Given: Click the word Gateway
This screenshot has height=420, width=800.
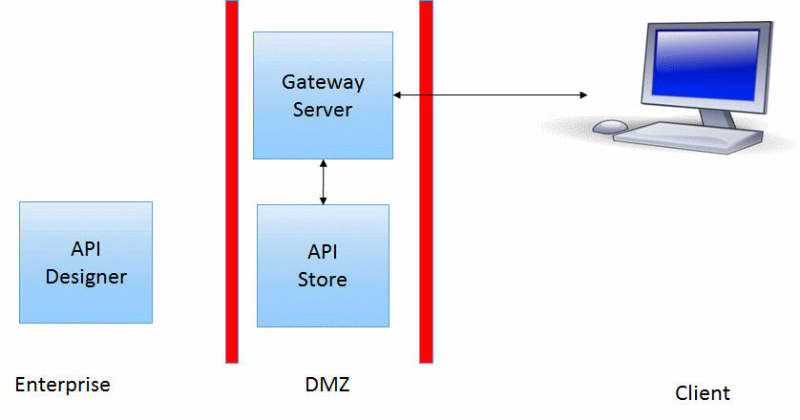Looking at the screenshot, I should pos(323,83).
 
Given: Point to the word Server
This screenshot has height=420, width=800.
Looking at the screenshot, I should pos(323,109).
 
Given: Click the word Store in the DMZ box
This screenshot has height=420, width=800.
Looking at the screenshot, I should pos(323,280).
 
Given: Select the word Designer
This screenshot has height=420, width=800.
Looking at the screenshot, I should pos(86,277).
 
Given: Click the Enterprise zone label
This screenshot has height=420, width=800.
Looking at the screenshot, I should pos(63,386).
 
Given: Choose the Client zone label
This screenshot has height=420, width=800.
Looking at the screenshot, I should pos(702,393).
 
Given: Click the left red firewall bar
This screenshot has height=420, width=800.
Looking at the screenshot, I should pos(232,181).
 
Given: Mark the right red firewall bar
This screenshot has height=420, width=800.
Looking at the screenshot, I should pos(426,181).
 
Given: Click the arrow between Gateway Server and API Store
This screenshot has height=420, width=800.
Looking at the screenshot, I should pos(324,181).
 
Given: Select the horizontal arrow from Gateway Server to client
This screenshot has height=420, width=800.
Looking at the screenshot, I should pos(490,94).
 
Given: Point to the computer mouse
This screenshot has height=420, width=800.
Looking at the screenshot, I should pos(611,126).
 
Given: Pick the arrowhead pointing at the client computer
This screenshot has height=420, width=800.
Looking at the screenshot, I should pos(581,94).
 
